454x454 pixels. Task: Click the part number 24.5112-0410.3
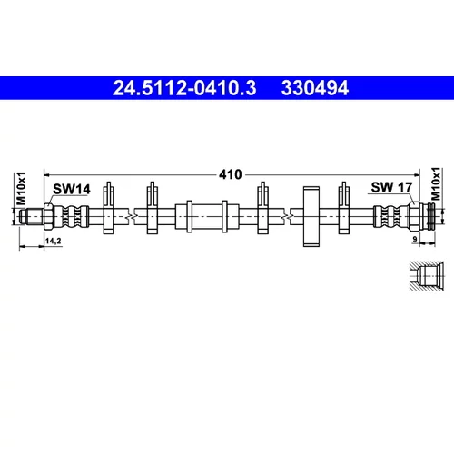click(x=184, y=88)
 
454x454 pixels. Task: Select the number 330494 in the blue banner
click(x=315, y=88)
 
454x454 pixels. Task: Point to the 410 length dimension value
click(x=231, y=174)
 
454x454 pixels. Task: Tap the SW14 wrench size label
click(x=72, y=189)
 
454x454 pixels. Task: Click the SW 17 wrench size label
click(x=391, y=187)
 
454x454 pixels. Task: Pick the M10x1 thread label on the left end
click(x=21, y=189)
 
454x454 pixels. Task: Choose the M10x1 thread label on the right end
click(x=436, y=183)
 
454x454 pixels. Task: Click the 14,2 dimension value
click(x=54, y=241)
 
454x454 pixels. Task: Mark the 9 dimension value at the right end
click(x=415, y=239)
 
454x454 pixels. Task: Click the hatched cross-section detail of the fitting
click(x=427, y=276)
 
